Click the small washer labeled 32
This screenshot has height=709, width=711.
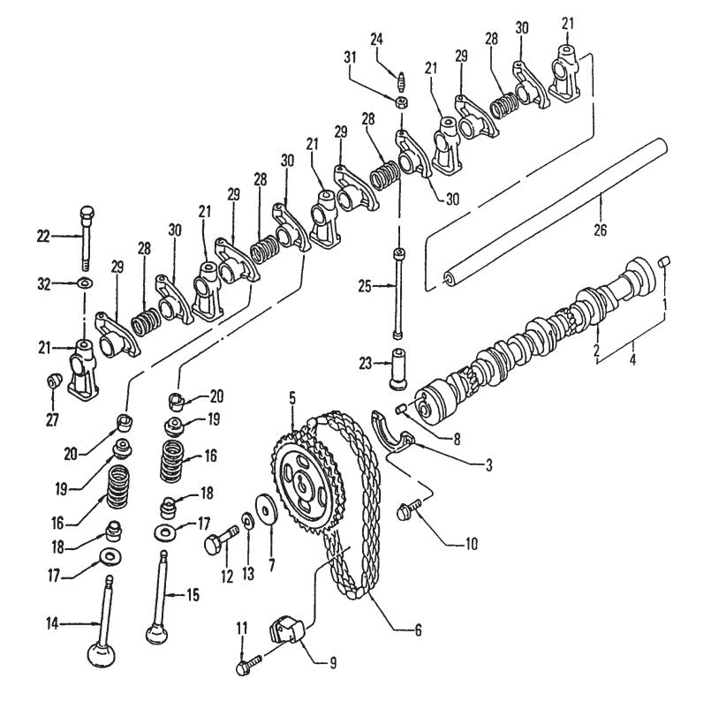(x=83, y=283)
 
